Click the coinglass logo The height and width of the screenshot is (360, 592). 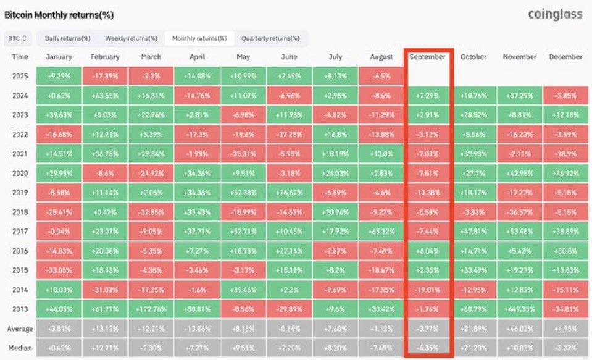[x=555, y=14]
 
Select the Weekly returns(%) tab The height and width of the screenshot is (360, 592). [x=131, y=38]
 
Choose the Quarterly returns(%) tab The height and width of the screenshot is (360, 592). [x=270, y=38]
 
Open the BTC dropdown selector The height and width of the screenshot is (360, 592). [x=17, y=38]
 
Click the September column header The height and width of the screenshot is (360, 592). [x=427, y=57]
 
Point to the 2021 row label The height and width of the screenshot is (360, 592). [x=20, y=154]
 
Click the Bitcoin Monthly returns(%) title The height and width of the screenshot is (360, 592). [x=59, y=14]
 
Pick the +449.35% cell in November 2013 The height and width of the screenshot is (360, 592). [x=520, y=309]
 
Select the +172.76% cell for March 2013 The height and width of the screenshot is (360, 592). [x=151, y=309]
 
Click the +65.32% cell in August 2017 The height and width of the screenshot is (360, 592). [x=381, y=232]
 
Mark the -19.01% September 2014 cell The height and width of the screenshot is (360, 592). [x=427, y=290]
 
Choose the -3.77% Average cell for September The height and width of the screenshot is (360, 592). [x=427, y=329]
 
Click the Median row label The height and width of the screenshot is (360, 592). [x=20, y=348]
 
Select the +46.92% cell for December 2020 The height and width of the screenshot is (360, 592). [x=565, y=174]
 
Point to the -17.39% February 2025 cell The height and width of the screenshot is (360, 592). [x=105, y=77]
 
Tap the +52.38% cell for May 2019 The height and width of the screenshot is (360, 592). [x=243, y=193]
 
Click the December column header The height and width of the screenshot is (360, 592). [x=565, y=57]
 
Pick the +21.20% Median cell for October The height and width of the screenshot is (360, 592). [x=473, y=348]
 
